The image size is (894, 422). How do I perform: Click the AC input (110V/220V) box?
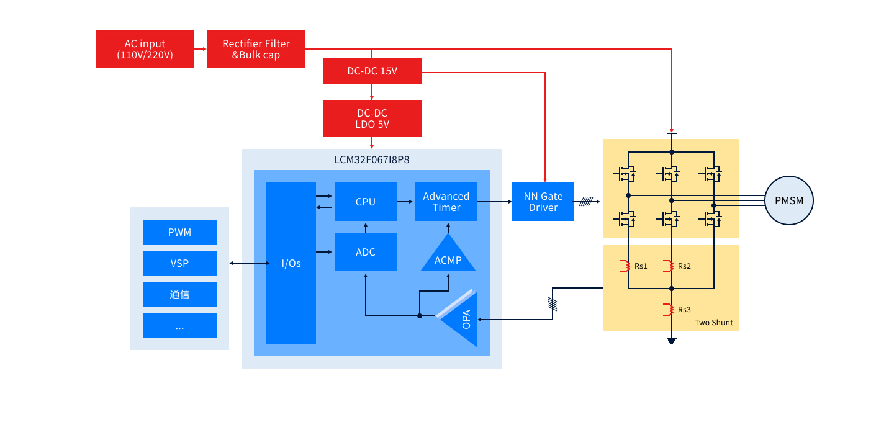pyautogui.click(x=145, y=49)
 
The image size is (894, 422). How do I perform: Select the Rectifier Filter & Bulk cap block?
pyautogui.click(x=256, y=49)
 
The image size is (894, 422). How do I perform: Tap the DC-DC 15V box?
pyautogui.click(x=372, y=71)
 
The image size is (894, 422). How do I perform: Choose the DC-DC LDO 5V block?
pyautogui.click(x=372, y=119)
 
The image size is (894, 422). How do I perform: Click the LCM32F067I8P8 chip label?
pyautogui.click(x=371, y=160)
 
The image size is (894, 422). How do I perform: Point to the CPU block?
pyautogui.click(x=365, y=202)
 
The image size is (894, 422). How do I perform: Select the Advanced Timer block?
pyautogui.click(x=446, y=202)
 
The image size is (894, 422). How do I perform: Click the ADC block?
pyautogui.click(x=365, y=252)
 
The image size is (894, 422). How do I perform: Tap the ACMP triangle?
pyautogui.click(x=448, y=258)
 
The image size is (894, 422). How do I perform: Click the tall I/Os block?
pyautogui.click(x=291, y=263)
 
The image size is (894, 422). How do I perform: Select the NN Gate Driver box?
pyautogui.click(x=543, y=202)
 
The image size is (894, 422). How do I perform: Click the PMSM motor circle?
pyautogui.click(x=788, y=200)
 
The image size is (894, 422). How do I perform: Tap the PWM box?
pyautogui.click(x=179, y=232)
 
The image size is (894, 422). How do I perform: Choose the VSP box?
pyautogui.click(x=179, y=263)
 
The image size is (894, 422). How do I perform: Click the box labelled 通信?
pyautogui.click(x=179, y=294)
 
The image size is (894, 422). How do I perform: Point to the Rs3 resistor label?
pyautogui.click(x=684, y=309)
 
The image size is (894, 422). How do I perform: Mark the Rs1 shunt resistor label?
pyautogui.click(x=641, y=266)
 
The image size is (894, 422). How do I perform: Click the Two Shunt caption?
pyautogui.click(x=713, y=323)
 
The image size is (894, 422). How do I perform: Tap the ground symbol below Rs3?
pyautogui.click(x=671, y=339)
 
